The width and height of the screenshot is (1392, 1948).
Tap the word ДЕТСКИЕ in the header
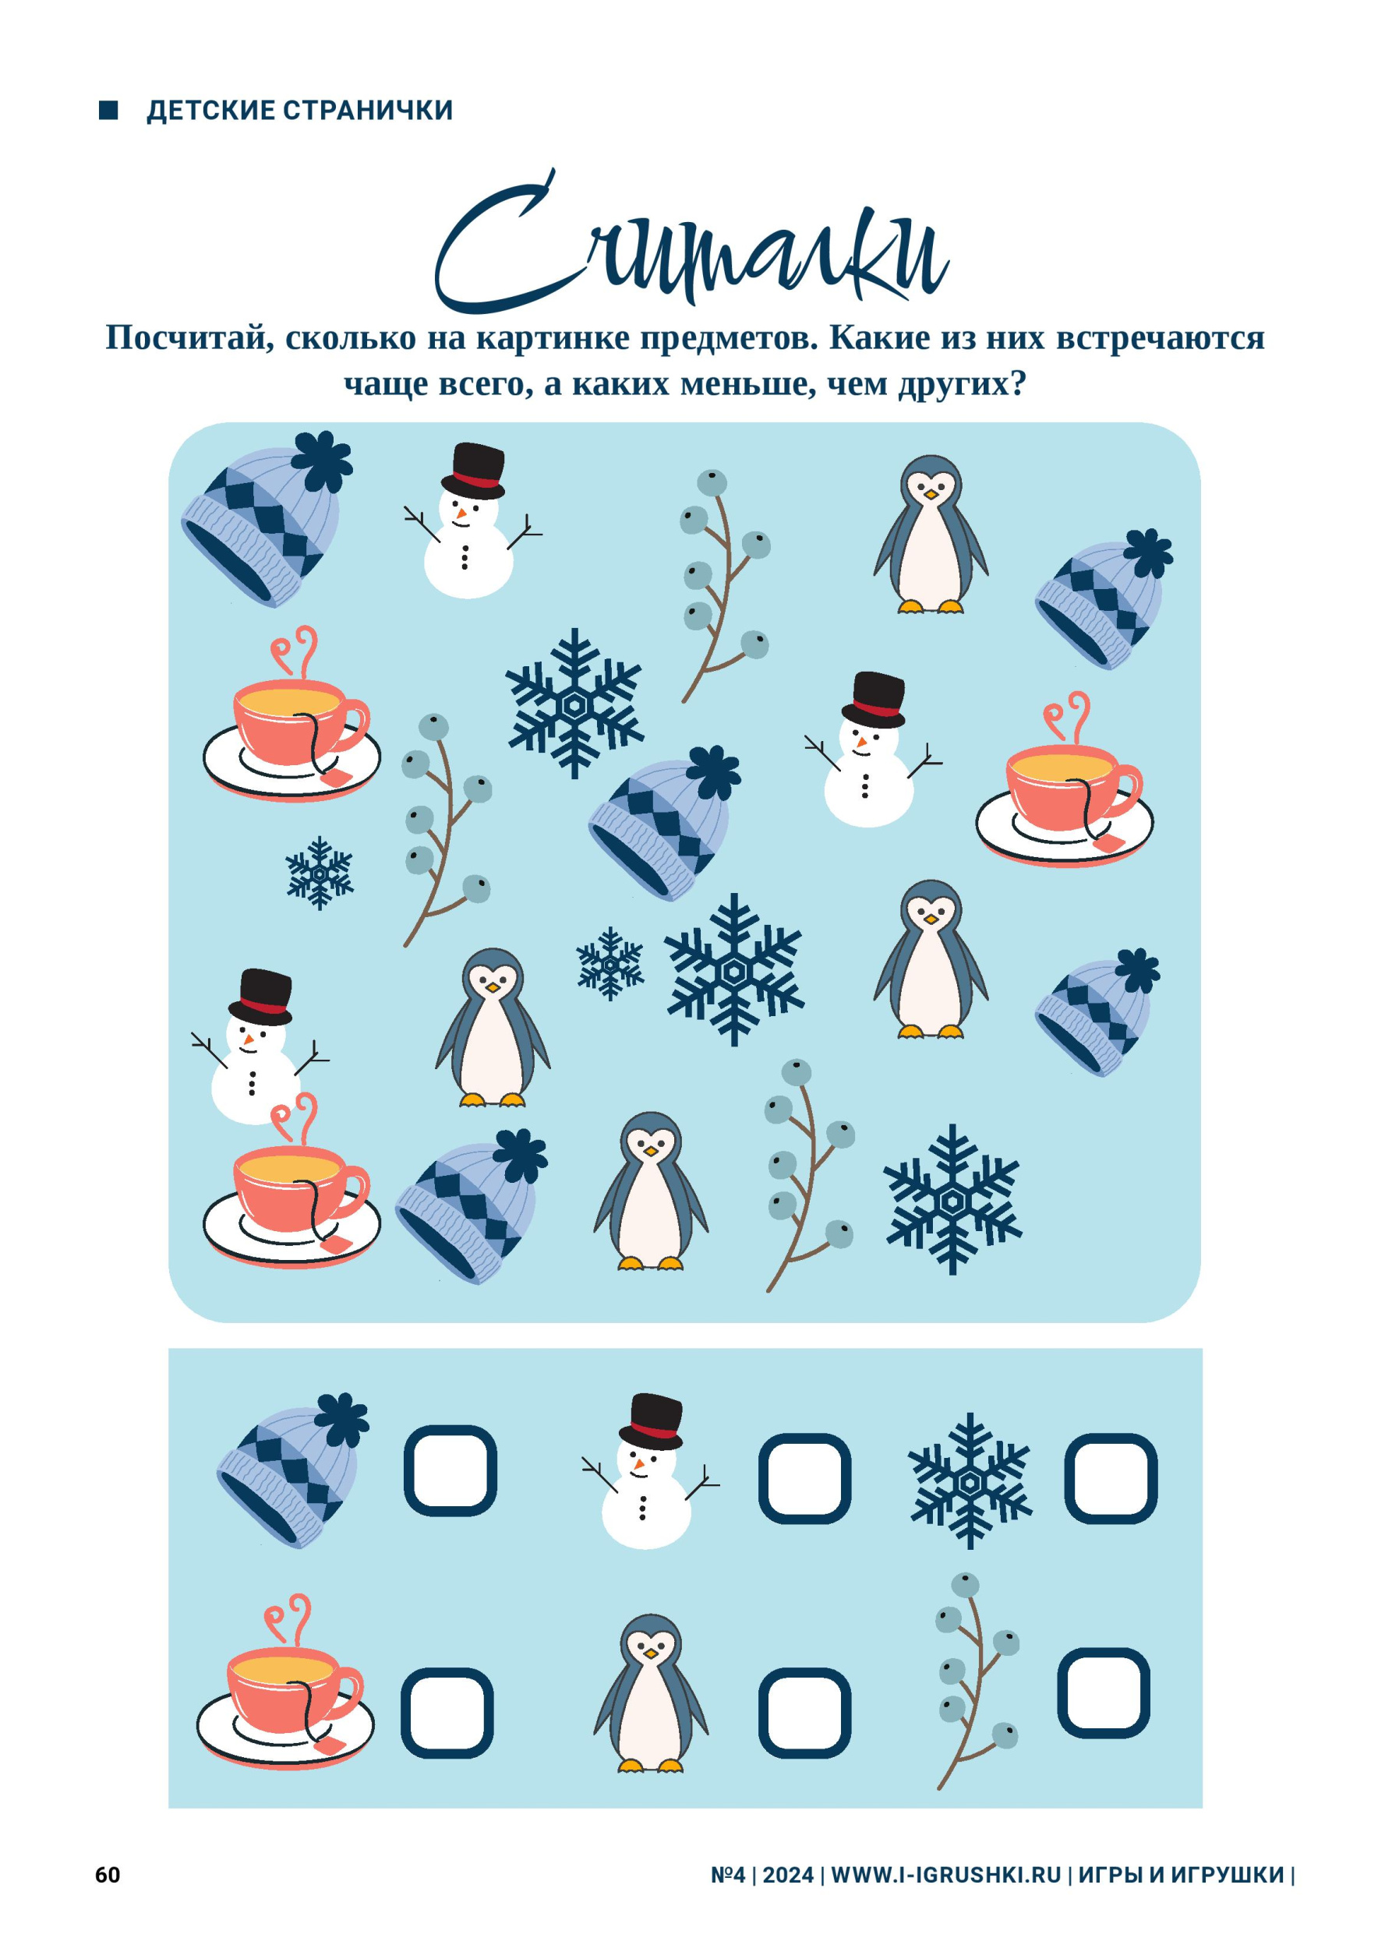tap(211, 111)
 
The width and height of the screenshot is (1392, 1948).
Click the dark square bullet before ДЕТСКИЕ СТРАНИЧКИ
tap(109, 110)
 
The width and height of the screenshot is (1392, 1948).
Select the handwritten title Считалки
tap(693, 242)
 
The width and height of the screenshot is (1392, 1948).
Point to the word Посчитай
tap(183, 338)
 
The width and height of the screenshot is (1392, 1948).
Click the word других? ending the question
tap(962, 385)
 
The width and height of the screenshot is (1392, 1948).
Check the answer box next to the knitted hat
tap(450, 1470)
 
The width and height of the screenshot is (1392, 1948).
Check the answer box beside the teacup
tap(447, 1713)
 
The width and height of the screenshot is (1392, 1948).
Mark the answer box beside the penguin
tap(804, 1713)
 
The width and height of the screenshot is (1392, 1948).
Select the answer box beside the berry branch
tap(1103, 1692)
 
